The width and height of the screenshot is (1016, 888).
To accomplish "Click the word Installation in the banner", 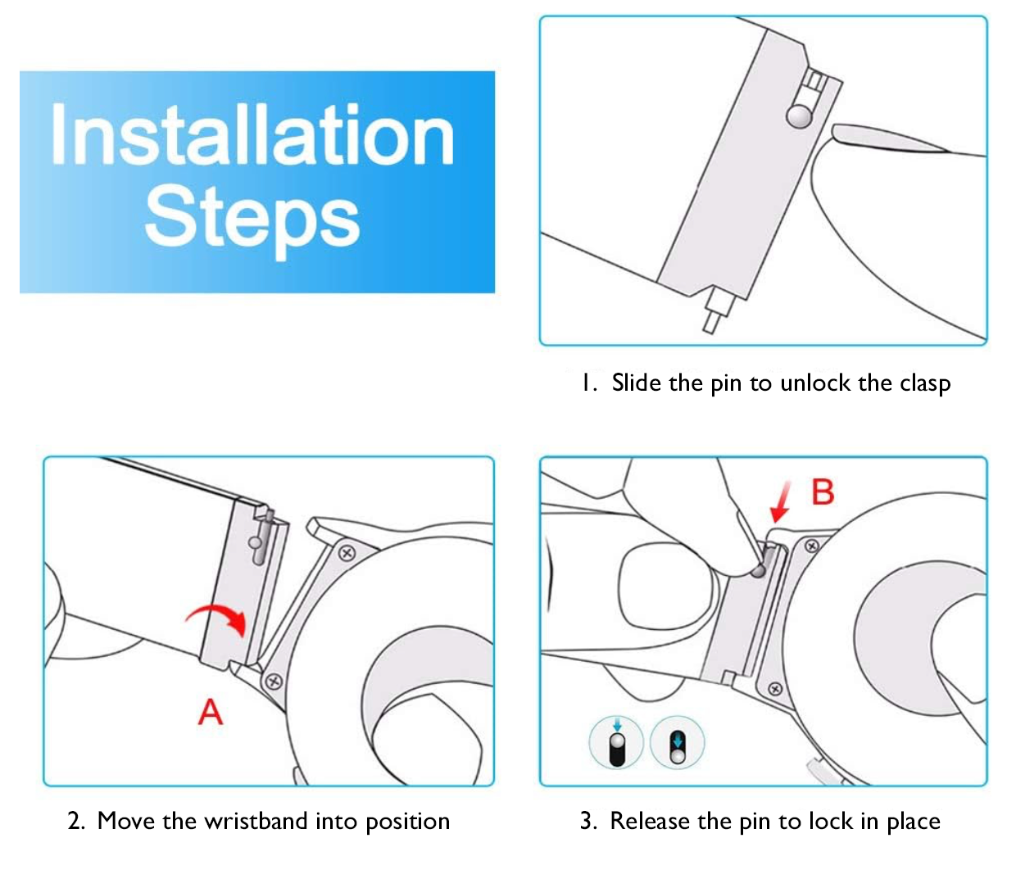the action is pos(252,134).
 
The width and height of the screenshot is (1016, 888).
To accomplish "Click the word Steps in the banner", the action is pos(252,220).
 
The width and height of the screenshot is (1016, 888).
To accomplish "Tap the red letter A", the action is pos(211,712).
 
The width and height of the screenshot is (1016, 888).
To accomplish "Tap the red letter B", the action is pos(823,492).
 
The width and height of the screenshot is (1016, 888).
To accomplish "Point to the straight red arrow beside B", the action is pos(781,502).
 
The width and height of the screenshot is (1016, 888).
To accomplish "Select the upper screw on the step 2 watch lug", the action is pos(347,552).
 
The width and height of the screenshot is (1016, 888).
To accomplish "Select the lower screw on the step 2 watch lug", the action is pos(274,682).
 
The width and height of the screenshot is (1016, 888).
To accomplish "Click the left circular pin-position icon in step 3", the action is pos(616,742).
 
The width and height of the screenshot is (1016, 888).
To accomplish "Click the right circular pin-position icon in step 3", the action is pos(678,742).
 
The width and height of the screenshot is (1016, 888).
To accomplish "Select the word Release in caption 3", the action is pos(650,821).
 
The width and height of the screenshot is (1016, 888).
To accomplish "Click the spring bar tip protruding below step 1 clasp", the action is pos(710,324).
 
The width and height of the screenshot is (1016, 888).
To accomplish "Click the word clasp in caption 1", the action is pos(925,383).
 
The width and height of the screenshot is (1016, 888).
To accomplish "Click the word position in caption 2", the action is pos(408,822).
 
